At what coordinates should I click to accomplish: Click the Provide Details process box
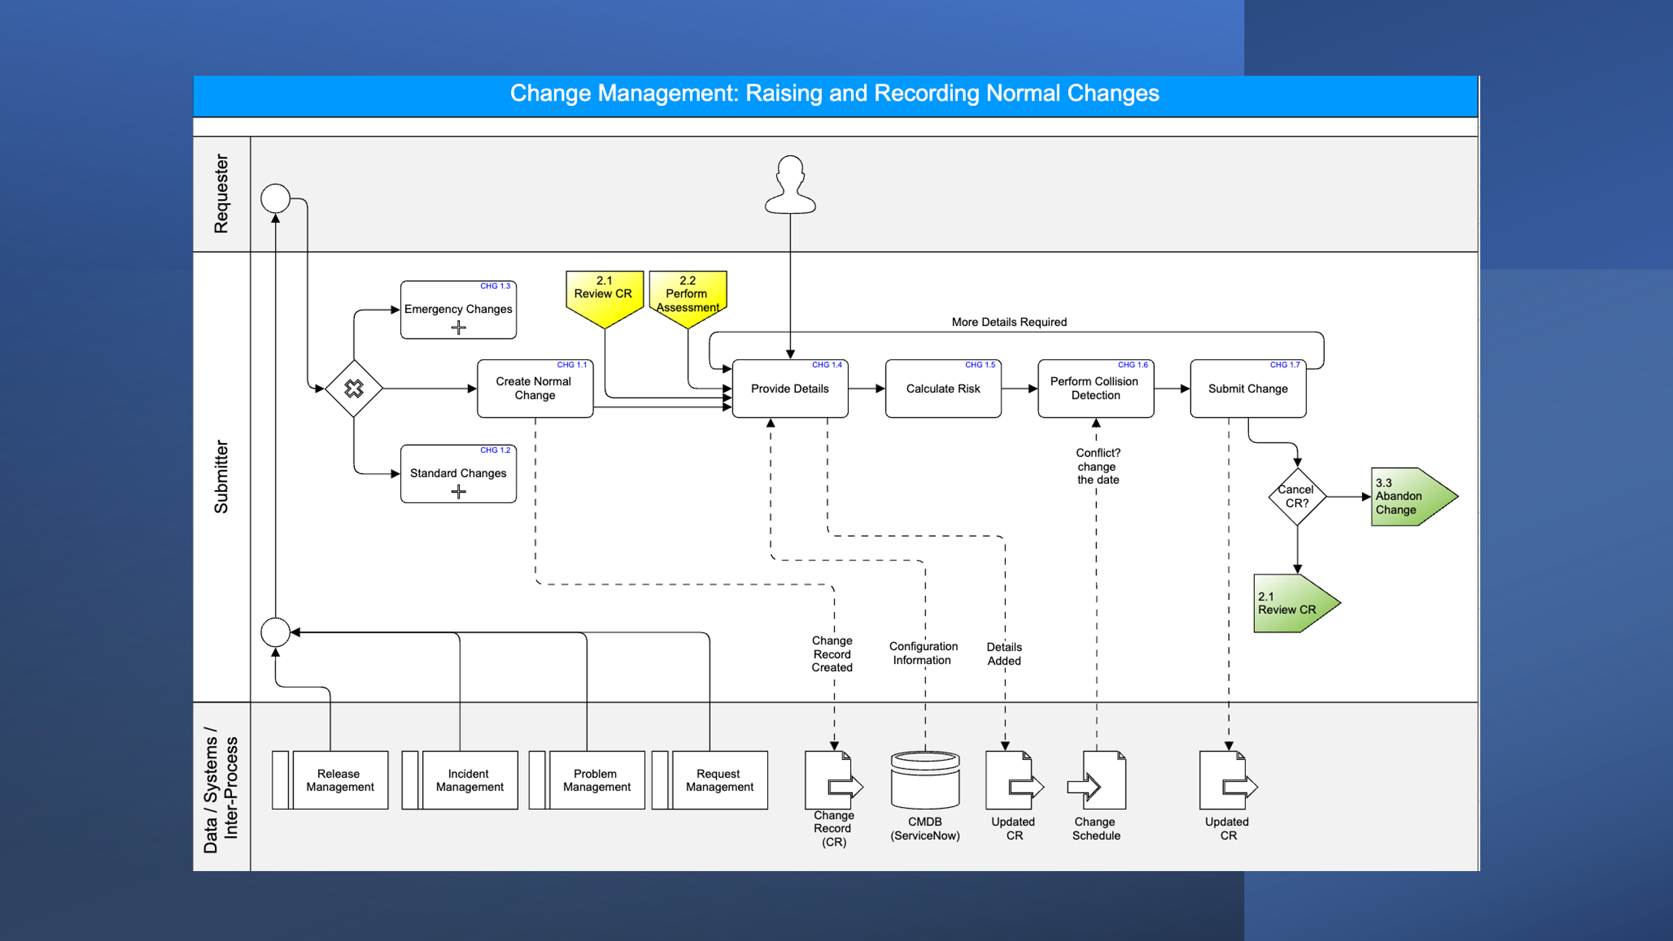point(789,389)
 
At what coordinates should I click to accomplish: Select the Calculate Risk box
point(942,389)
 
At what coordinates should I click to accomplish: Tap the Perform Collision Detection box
point(1095,389)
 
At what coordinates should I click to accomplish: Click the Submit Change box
point(1247,389)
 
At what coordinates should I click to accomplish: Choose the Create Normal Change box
point(534,389)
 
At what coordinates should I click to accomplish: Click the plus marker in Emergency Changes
point(458,328)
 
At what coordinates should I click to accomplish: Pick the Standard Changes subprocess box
point(457,473)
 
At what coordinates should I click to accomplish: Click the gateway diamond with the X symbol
point(354,389)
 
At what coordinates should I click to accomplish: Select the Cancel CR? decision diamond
point(1297,497)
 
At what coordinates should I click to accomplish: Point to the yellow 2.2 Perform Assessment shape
point(687,296)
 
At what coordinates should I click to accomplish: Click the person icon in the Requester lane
point(790,186)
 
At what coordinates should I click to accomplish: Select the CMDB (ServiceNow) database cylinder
point(925,780)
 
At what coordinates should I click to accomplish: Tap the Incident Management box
point(469,780)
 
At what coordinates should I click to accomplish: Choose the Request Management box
point(719,780)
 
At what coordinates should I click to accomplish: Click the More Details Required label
point(1008,322)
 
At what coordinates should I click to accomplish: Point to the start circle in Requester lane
point(275,199)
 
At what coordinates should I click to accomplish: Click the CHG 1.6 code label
point(1133,365)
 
